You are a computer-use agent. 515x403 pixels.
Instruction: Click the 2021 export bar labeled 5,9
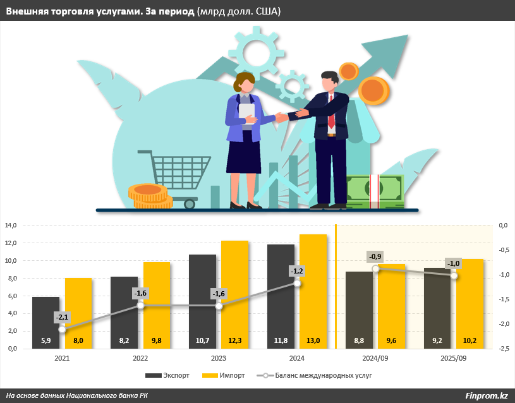[45, 323]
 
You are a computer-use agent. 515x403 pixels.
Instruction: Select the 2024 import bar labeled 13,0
[313, 291]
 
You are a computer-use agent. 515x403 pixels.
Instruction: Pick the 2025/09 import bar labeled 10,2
[470, 303]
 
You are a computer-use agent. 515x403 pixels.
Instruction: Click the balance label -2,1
[62, 316]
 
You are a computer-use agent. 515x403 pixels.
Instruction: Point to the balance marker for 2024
[298, 284]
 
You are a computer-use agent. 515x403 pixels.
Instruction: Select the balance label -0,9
[375, 256]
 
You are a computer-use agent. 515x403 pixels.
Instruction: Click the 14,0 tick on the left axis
[11, 226]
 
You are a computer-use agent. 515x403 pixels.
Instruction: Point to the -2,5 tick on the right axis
[504, 349]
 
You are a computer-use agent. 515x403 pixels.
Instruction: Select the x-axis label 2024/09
[375, 358]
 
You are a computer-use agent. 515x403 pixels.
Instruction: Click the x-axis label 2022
[140, 358]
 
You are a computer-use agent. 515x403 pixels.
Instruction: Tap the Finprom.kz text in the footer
[487, 395]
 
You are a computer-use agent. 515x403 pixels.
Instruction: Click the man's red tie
[331, 114]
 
